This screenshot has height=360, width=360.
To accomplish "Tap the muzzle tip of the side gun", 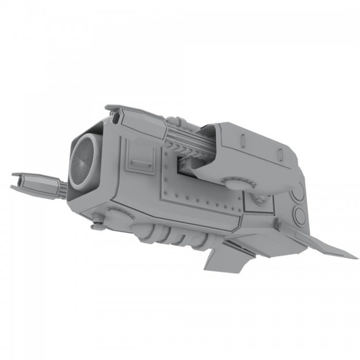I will coord(14,180).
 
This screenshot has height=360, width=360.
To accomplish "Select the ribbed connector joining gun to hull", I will coord(60,188).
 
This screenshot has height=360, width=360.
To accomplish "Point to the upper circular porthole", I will coord(299,192).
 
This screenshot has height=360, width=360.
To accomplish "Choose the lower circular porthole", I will coord(300,216).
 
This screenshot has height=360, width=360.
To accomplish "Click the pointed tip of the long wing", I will coord(354,257).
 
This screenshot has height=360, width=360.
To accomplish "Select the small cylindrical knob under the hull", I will coord(98,226).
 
